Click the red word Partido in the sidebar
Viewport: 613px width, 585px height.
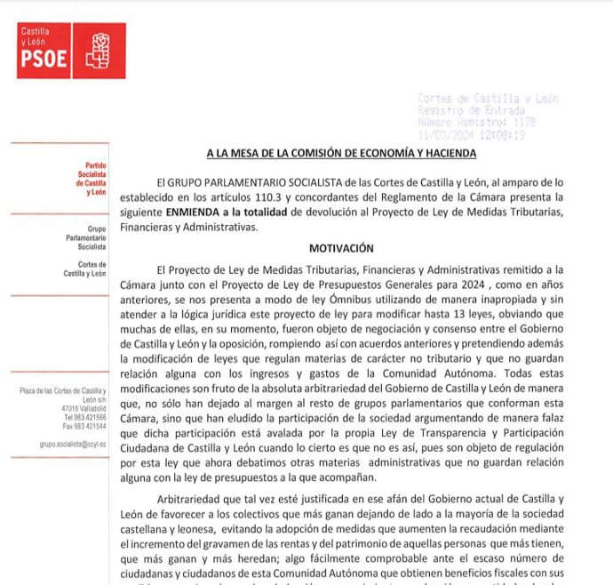click(x=95, y=166)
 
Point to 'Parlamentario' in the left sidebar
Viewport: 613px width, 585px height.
click(x=86, y=238)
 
